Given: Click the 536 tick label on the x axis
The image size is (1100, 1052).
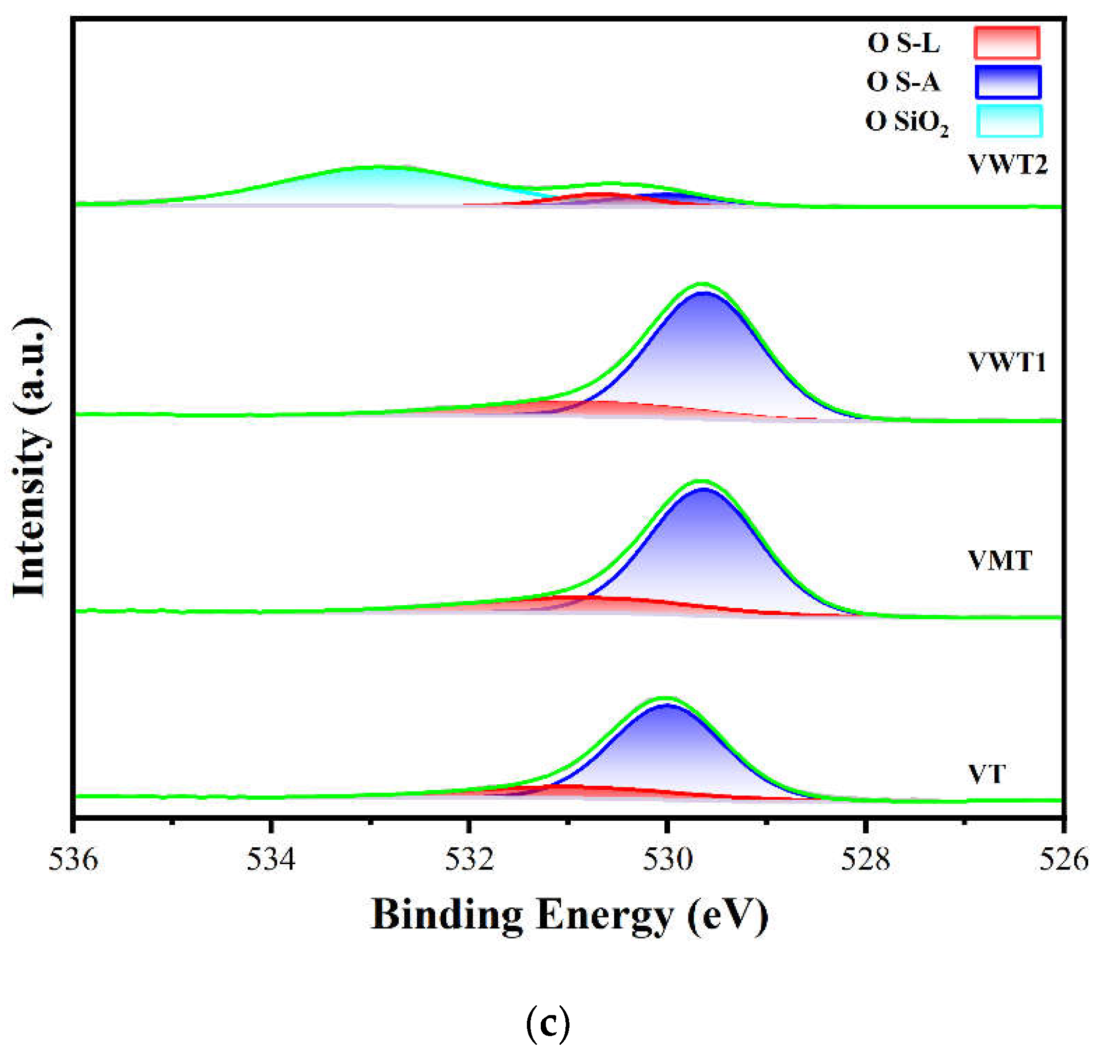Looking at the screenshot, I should pyautogui.click(x=73, y=859).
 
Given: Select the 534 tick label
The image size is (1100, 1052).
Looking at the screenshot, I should pyautogui.click(x=271, y=859).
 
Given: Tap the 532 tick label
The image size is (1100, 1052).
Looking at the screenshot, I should pyautogui.click(x=469, y=859).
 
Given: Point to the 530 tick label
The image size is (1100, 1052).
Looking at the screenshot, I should pyautogui.click(x=667, y=859).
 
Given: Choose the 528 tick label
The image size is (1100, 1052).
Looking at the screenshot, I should pyautogui.click(x=865, y=859).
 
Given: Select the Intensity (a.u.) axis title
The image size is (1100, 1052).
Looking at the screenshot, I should pyautogui.click(x=31, y=457).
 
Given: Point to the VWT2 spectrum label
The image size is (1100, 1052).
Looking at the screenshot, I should pyautogui.click(x=1007, y=164).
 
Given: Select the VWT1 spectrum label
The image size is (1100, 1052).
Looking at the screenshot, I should pyautogui.click(x=1007, y=362).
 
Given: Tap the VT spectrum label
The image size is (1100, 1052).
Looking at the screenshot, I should pyautogui.click(x=987, y=774).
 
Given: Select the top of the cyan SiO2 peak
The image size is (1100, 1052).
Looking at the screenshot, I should pyautogui.click(x=379, y=168).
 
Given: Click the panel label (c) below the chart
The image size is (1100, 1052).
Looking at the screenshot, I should pyautogui.click(x=547, y=1023).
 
